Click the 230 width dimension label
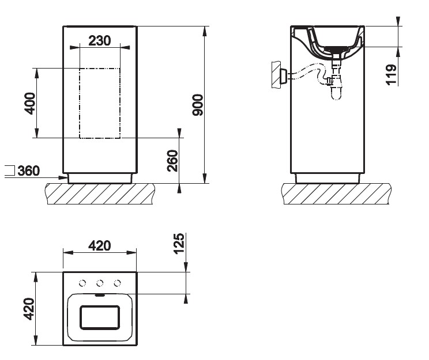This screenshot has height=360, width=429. click(100, 41)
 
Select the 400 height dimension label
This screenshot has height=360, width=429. click(31, 103)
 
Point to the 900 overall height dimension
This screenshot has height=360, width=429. click(198, 105)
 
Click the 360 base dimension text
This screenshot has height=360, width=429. click(29, 171)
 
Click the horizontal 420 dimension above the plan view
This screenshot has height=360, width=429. click(99, 246)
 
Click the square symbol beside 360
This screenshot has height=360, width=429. click(9, 170)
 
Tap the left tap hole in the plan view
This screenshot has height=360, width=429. click(82, 282)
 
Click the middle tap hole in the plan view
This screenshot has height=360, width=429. click(100, 282)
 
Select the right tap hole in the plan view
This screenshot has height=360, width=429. click(118, 282)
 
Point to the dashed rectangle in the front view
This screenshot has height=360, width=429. click(100, 103)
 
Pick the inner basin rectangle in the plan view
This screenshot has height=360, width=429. click(99, 318)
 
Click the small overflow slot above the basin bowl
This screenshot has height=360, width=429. click(100, 295)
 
